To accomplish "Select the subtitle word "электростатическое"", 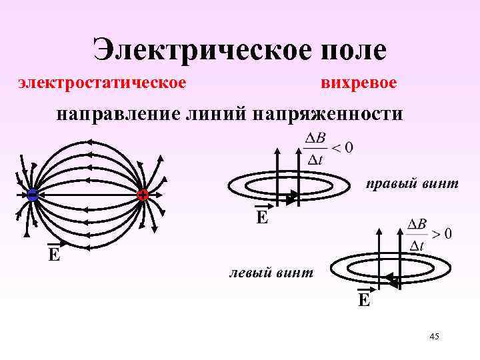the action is pos(101,83).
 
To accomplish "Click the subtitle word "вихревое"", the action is pos(358,83).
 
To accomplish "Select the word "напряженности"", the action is pos(327,113).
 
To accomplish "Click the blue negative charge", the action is pos(32,195).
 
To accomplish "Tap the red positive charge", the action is pos(142,195).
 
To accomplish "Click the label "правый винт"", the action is pos(411,183).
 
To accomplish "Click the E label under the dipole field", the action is pos(53,254).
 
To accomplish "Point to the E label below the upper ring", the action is pos(263,217).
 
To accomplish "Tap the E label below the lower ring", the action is pos(363,299).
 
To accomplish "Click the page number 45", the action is pos(434,337).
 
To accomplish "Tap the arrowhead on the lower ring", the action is pos(393,283).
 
